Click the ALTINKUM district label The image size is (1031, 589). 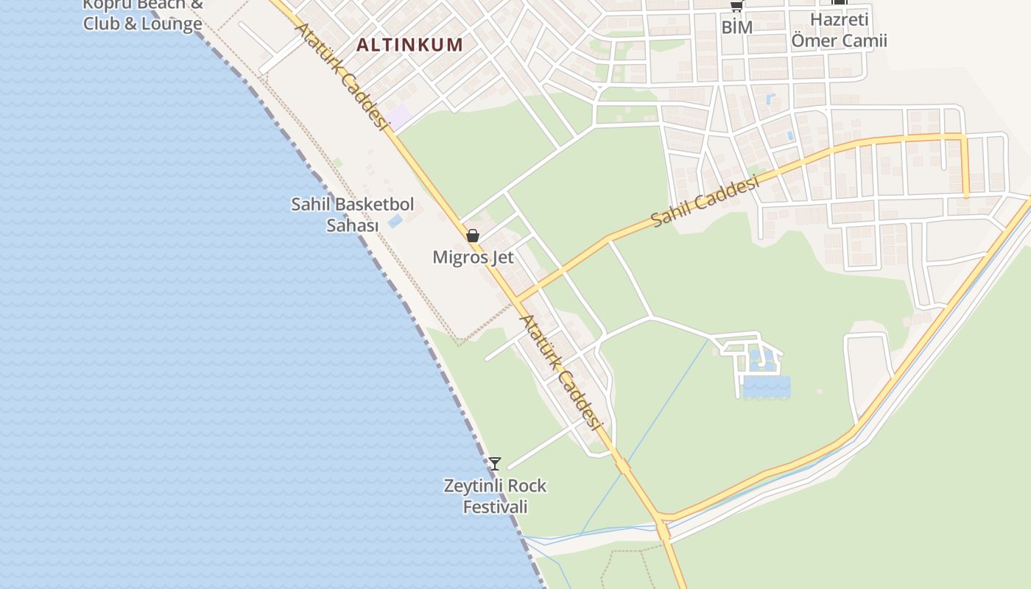tap(409, 45)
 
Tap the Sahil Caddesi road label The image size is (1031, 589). tap(705, 201)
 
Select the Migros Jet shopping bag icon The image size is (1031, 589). tap(473, 236)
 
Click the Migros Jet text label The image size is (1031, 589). tap(473, 258)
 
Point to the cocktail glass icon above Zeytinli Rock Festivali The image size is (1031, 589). tap(495, 463)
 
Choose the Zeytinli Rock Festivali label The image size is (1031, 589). tap(495, 496)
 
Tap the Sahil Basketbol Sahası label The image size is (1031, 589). tap(353, 214)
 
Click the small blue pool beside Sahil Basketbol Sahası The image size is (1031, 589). tap(395, 220)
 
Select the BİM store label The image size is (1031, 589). tap(736, 27)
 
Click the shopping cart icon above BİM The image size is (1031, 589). tap(736, 5)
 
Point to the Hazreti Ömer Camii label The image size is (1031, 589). tap(839, 30)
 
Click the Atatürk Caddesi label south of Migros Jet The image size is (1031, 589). tap(561, 372)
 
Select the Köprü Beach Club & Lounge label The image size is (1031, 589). tap(142, 15)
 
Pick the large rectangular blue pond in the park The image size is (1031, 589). tap(766, 387)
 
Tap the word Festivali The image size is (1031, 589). tap(495, 507)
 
